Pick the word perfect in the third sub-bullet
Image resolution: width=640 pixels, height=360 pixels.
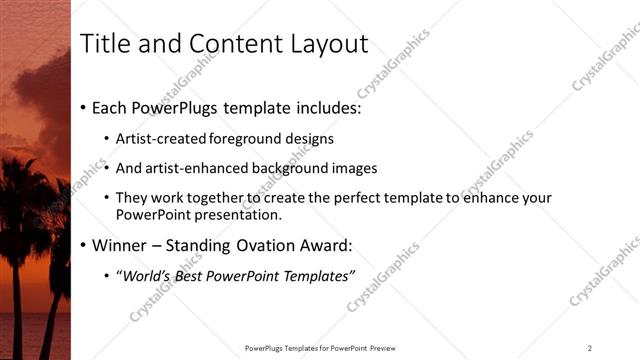pos(359,198)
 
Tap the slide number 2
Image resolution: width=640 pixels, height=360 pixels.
pos(590,348)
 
